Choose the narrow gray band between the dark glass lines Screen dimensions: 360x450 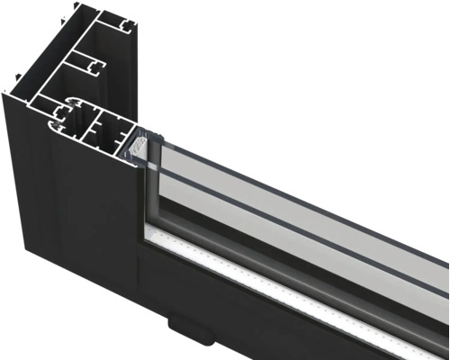tap(297, 179)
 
